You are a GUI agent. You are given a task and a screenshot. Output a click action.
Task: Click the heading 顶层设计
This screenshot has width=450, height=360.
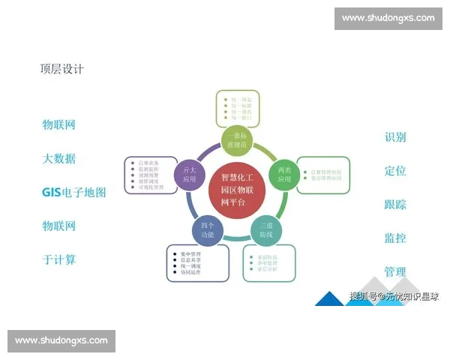61,69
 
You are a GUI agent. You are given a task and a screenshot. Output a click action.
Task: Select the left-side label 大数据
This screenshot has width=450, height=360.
58,159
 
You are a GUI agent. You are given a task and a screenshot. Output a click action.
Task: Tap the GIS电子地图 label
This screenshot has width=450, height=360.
73,192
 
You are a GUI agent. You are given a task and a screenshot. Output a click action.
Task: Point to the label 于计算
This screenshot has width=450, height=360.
58,259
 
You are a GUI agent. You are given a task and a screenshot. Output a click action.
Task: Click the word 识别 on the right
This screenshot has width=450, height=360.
395,137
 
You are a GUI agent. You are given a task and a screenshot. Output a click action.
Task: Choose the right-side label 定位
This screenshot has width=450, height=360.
395,170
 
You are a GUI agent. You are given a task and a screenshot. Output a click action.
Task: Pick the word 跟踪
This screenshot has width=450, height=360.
395,204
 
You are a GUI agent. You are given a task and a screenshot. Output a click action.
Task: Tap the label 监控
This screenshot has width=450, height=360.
395,238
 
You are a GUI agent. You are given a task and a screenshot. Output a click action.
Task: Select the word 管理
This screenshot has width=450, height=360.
395,271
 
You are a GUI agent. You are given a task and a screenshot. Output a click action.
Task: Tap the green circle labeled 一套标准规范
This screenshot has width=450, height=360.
239,139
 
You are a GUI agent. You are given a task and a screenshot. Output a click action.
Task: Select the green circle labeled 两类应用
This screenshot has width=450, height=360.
283,174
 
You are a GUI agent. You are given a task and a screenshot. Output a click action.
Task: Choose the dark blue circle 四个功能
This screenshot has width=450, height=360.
208,229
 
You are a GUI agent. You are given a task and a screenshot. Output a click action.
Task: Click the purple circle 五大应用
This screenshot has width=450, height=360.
190,175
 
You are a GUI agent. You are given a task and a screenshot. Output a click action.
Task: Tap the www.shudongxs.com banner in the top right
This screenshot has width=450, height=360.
388,18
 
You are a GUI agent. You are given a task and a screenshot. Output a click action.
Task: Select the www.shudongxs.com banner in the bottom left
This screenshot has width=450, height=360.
61,340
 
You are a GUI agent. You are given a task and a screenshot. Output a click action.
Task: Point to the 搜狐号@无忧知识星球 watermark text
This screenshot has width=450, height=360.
394,297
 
